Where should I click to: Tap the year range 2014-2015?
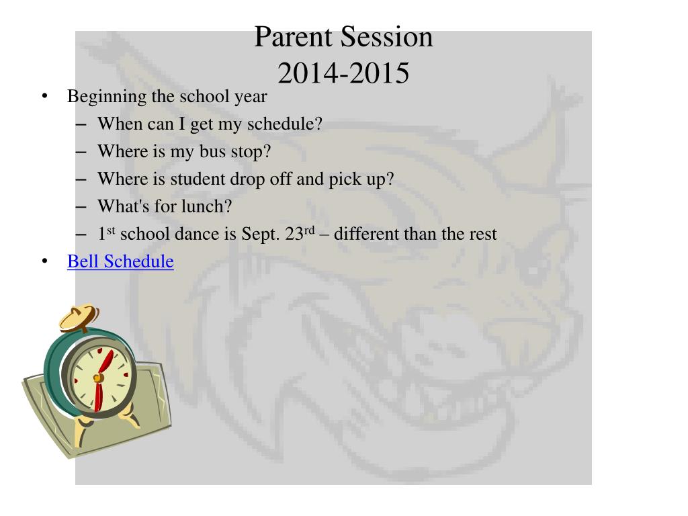(343, 73)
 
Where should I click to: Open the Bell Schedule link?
(120, 261)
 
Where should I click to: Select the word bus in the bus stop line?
(212, 151)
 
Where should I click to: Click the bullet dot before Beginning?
(44, 96)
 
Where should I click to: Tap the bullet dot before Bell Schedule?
(44, 261)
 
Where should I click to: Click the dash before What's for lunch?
(81, 207)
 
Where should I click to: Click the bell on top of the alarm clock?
(79, 317)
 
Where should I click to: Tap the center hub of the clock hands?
(98, 378)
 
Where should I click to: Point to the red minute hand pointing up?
(105, 363)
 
